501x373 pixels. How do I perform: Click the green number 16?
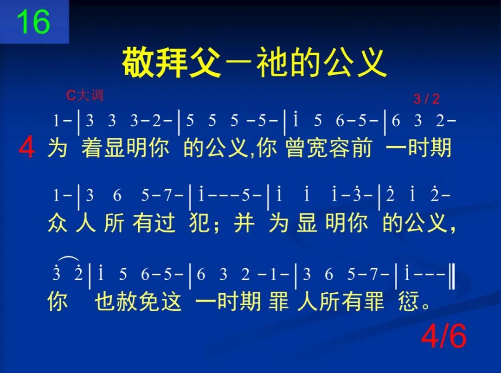coord(33,22)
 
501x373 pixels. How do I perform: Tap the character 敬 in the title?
coord(138,63)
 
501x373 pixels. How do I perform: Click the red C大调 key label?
coord(85,96)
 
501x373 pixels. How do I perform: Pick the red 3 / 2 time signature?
coord(426,99)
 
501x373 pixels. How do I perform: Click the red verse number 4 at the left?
coord(26,149)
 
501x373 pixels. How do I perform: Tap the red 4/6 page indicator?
coord(443,337)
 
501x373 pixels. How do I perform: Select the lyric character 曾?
coord(296,148)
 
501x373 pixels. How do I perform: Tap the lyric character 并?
coord(244,224)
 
